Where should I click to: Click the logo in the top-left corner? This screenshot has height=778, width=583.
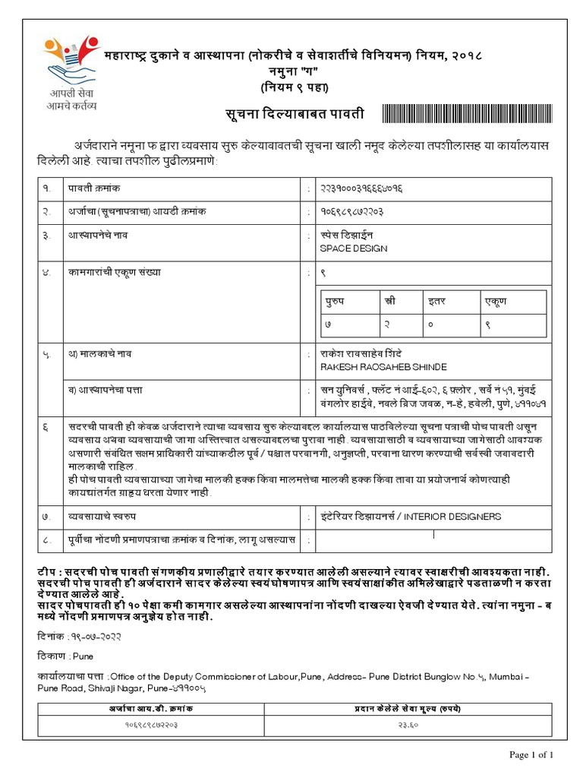coord(71,61)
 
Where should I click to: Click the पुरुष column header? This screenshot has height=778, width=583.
coord(335,302)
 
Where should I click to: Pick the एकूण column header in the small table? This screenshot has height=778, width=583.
coord(496,302)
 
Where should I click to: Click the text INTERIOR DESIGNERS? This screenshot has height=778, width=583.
coord(452,517)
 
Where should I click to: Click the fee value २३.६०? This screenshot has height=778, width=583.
coord(408,726)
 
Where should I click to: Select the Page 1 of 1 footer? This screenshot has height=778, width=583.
coord(531,754)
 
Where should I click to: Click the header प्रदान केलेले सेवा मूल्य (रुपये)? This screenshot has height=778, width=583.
coord(408,708)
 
